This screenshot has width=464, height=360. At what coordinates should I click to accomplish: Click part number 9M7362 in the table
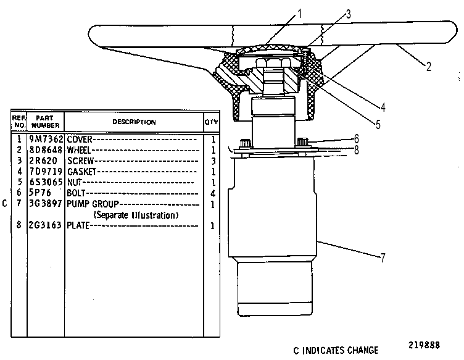pos(46,139)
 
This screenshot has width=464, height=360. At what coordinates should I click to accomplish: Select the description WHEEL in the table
pos(79,150)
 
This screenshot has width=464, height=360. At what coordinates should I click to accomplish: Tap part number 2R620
pos(43,161)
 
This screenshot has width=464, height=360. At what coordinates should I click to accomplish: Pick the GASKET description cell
pos(81,172)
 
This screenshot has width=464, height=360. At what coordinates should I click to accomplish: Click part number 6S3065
pos(46,182)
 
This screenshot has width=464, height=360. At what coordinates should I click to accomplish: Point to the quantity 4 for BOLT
pos(213,194)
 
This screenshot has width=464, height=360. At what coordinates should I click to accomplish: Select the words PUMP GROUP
pos(93,204)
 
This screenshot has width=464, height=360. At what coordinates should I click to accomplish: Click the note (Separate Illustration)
pos(136,215)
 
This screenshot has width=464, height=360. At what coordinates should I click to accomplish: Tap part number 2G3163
pos(45,225)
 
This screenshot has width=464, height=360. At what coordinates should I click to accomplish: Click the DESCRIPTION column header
pos(134,122)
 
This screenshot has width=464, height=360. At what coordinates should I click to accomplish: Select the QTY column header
pos(211,122)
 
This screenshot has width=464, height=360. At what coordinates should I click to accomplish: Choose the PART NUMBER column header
pos(45,122)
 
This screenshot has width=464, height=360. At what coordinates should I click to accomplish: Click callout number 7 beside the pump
pos(383,257)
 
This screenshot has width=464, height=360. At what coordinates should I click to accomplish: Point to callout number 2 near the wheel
pos(429,67)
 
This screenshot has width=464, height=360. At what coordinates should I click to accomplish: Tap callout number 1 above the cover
pos(299,14)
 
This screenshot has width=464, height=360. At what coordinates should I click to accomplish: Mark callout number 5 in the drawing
pos(378,124)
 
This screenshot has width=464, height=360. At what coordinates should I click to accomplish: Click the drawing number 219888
pos(424,345)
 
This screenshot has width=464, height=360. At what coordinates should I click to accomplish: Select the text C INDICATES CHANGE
pos(336,351)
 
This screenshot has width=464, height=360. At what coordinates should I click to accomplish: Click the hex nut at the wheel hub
pos(273,62)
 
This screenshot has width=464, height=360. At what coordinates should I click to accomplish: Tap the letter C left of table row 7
pos(4,204)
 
